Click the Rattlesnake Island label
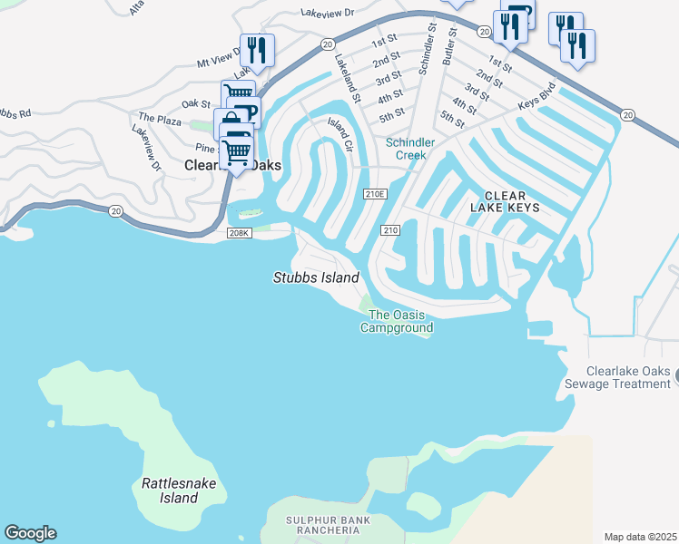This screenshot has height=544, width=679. pos(179,491)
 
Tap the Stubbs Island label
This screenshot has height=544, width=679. pos(316,277)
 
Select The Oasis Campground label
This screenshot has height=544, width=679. pos(396,321)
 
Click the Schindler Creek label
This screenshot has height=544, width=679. pos(410,149)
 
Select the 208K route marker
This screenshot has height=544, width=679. pos(239,234)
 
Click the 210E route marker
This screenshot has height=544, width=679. pos(374,194)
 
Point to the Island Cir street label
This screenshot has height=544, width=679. pos(339,133)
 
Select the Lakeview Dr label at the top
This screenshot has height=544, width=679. pos(330,15)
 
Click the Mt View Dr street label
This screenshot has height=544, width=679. pos(222,55)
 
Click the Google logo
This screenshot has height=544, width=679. pos(30,533)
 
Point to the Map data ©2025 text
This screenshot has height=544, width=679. pos(640,537)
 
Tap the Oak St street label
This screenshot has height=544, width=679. pos(196,104)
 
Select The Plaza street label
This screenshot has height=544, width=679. pos(159,118)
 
